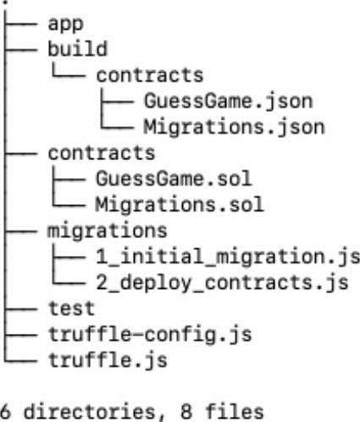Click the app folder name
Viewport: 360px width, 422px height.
pyautogui.click(x=65, y=25)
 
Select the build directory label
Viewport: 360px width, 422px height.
pyautogui.click(x=78, y=48)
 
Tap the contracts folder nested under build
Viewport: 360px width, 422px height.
pyautogui.click(x=150, y=75)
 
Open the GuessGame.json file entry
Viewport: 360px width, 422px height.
pyautogui.click(x=229, y=102)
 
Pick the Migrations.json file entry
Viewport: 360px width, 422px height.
pyautogui.click(x=235, y=127)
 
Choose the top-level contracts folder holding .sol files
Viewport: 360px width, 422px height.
pyautogui.click(x=102, y=153)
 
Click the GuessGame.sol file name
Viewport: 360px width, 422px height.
pyautogui.click(x=174, y=179)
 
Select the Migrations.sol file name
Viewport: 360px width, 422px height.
pyautogui.click(x=180, y=204)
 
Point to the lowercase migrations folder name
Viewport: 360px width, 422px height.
pyautogui.click(x=108, y=231)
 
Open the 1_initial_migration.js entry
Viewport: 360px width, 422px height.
pyautogui.click(x=228, y=258)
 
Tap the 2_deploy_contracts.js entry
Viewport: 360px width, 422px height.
pyautogui.click(x=222, y=283)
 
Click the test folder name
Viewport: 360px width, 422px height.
pyautogui.click(x=71, y=308)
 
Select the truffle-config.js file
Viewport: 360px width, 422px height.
pyautogui.click(x=150, y=336)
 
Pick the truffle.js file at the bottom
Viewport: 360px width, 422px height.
pyautogui.click(x=108, y=361)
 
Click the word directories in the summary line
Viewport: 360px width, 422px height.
pyautogui.click(x=90, y=412)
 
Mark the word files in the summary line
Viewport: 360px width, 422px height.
pyautogui.click(x=235, y=411)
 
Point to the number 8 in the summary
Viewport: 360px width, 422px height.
pyautogui.click(x=186, y=412)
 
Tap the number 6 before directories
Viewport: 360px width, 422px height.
pyautogui.click(x=5, y=412)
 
